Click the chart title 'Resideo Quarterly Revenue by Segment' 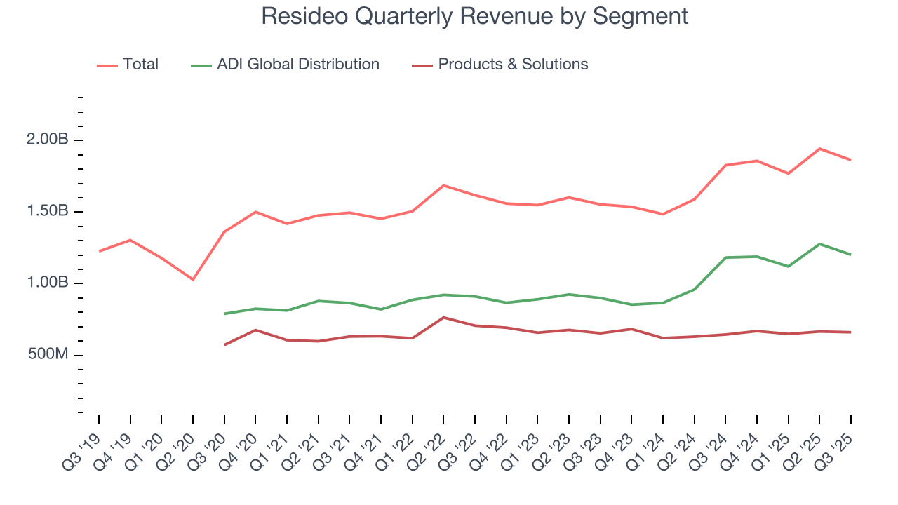pyautogui.click(x=475, y=15)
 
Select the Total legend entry pyautogui.click(x=140, y=65)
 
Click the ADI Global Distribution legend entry pyautogui.click(x=297, y=65)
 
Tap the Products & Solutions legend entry pyautogui.click(x=513, y=65)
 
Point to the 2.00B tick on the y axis pyautogui.click(x=49, y=140)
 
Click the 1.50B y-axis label pyautogui.click(x=49, y=211)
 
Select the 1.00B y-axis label pyautogui.click(x=49, y=283)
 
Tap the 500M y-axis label pyautogui.click(x=49, y=355)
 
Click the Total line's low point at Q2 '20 pyautogui.click(x=193, y=279)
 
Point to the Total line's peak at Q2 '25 pyautogui.click(x=819, y=149)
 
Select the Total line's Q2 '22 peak pyautogui.click(x=443, y=185)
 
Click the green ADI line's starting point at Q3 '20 pyautogui.click(x=224, y=314)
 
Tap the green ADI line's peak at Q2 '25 pyautogui.click(x=819, y=244)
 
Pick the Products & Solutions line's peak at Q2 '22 pyautogui.click(x=443, y=318)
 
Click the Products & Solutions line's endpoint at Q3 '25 pyautogui.click(x=851, y=332)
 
